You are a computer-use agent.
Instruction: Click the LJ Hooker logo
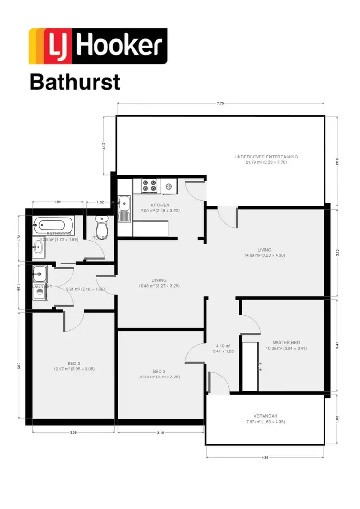point(98,46)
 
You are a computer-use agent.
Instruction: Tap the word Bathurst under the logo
point(74,82)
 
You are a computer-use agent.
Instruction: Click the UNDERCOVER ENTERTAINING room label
point(266,157)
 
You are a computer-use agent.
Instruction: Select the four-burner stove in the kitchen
point(149,185)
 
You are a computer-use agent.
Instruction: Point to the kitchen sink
point(124,209)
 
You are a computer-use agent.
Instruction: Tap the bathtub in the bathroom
point(53,224)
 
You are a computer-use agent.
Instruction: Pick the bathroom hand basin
point(38,247)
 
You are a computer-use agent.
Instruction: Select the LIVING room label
point(264,250)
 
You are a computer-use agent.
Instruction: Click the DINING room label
point(159,280)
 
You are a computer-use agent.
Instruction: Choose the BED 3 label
point(159,371)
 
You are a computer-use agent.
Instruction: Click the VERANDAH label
point(265,416)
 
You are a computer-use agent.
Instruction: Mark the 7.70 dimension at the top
point(220,103)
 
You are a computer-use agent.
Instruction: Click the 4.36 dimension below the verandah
point(265,458)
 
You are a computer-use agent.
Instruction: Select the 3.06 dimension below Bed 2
point(73,433)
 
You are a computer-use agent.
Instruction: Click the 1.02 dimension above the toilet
point(100,202)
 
